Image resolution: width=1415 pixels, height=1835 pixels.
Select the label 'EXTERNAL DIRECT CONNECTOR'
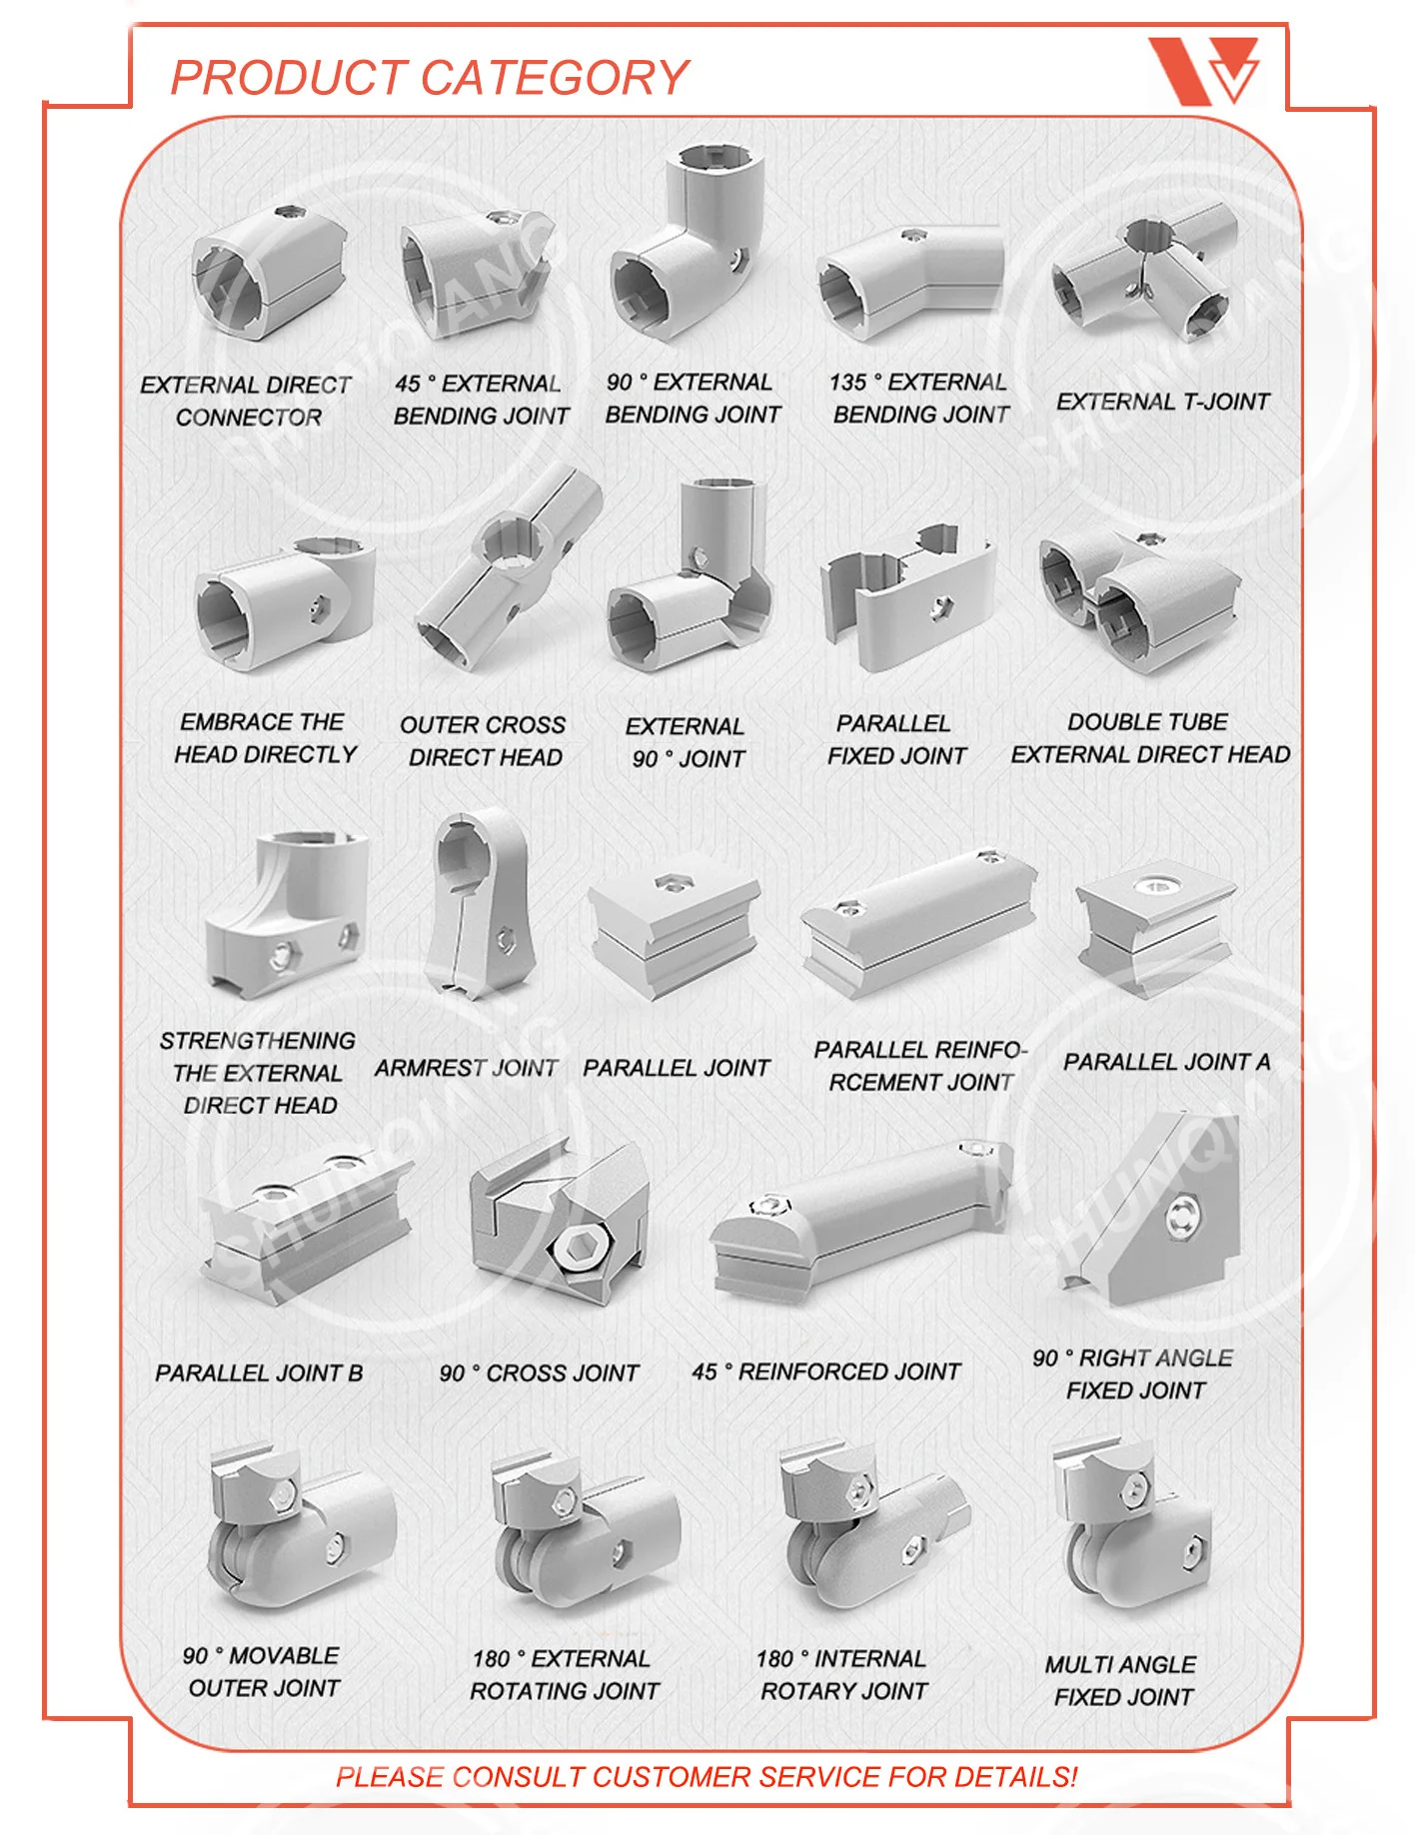247,401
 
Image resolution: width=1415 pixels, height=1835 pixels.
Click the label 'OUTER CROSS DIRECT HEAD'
484,740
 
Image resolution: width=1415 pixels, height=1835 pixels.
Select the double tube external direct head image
1137,599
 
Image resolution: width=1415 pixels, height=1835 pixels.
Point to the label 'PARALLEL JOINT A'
1166,1062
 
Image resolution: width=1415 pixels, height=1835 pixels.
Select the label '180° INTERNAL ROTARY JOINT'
842,1674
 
